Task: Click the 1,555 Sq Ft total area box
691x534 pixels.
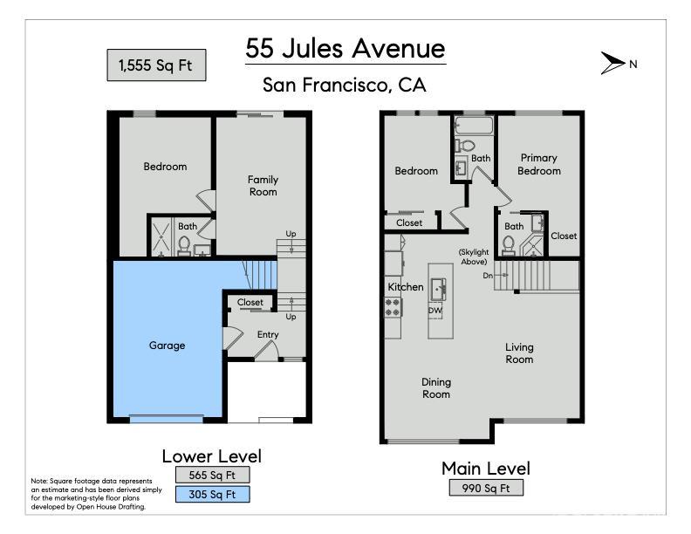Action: tap(156, 65)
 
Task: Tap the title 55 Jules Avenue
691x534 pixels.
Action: tap(345, 48)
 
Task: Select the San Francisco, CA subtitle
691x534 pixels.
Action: tap(345, 86)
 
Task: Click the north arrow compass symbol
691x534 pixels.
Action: tap(612, 63)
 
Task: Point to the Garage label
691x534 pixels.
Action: tap(167, 346)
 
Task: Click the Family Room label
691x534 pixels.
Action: tap(263, 186)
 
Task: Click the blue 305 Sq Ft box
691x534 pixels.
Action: tap(212, 495)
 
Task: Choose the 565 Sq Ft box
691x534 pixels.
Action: tap(212, 475)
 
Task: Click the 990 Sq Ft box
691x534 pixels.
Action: tap(486, 488)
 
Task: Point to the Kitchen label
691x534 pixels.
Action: tap(406, 287)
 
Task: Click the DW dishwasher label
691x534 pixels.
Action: tap(434, 310)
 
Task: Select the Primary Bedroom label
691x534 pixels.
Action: tap(538, 164)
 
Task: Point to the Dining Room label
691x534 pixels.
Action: tap(436, 387)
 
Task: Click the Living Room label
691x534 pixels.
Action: tap(519, 353)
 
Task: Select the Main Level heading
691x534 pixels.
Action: tap(485, 469)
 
